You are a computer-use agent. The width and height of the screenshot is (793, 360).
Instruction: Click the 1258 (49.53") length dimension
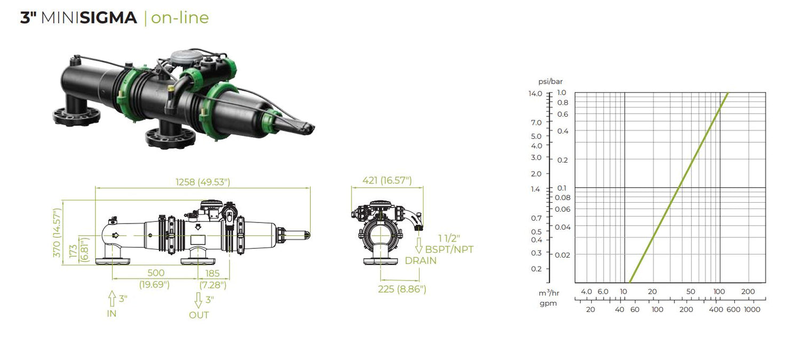tap(203, 182)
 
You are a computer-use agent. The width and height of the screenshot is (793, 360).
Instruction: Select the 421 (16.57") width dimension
tap(387, 181)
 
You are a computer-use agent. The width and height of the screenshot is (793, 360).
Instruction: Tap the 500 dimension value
tap(155, 273)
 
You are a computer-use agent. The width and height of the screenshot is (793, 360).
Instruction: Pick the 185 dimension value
tap(212, 273)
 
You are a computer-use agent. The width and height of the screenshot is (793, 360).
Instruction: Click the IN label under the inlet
tap(112, 314)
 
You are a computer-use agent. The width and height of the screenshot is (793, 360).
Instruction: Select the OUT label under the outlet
tap(199, 315)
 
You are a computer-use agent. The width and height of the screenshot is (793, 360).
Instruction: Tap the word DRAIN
tap(421, 261)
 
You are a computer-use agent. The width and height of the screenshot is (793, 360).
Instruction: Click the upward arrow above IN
tap(112, 298)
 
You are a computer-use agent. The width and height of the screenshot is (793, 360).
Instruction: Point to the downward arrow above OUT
tap(198, 301)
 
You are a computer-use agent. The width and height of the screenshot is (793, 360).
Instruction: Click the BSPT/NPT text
tap(449, 249)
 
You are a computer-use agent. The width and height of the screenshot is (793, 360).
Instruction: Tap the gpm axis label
tap(548, 303)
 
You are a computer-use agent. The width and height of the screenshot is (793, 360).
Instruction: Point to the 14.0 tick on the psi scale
tap(535, 93)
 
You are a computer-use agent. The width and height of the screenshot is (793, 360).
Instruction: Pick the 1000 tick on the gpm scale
tap(751, 310)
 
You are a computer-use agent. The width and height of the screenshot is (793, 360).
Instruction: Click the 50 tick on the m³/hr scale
tap(691, 292)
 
